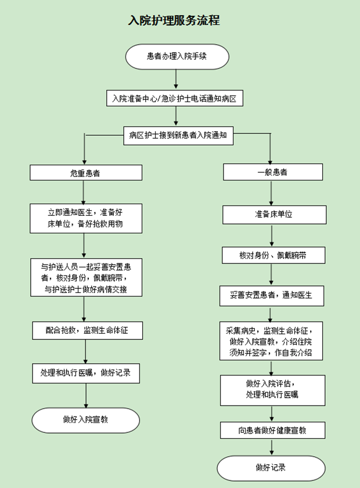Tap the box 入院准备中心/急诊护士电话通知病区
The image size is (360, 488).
(174, 98)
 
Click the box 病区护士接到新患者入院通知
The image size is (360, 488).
(178, 136)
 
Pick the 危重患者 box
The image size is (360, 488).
(85, 172)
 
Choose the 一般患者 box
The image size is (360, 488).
(272, 172)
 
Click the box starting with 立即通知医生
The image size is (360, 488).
(85, 218)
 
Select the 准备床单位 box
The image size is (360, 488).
(272, 214)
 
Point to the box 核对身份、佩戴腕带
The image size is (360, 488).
(272, 255)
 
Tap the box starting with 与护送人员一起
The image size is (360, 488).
(85, 277)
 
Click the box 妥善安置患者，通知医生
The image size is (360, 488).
(272, 295)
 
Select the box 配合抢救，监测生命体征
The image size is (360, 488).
(85, 330)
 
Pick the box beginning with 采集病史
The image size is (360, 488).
(272, 341)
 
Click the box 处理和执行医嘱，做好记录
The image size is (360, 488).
(85, 373)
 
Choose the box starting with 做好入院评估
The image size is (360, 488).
(272, 390)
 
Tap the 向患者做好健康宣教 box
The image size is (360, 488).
(272, 430)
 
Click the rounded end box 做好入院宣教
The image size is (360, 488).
(85, 420)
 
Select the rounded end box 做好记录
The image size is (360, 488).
(271, 468)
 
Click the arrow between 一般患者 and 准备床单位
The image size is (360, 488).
(272, 191)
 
